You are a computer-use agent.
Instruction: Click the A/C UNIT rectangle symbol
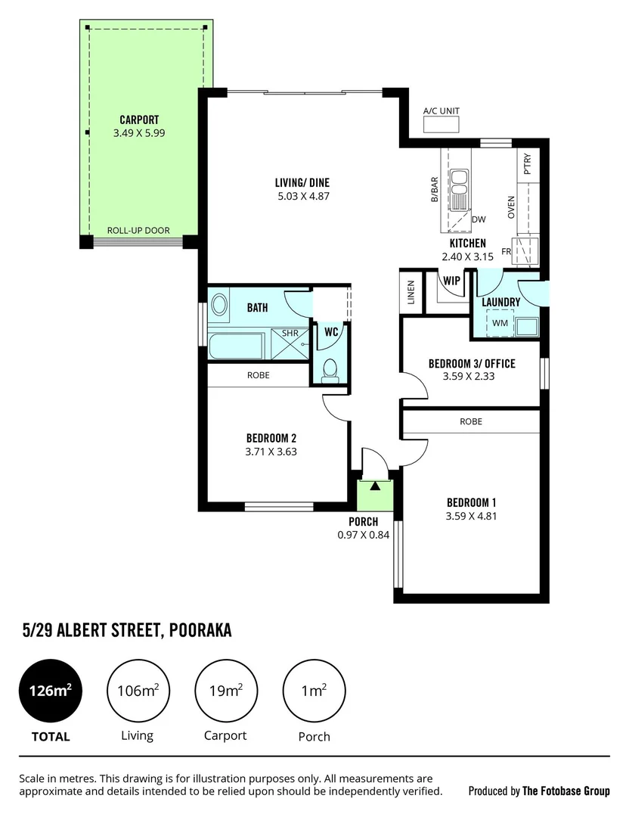click(x=441, y=126)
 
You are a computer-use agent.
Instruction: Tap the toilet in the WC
click(x=329, y=370)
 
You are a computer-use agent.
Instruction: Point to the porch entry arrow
click(x=374, y=486)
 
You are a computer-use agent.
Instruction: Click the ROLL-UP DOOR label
click(x=138, y=231)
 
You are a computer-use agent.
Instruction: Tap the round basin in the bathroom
click(x=219, y=306)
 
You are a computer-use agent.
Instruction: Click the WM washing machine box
click(x=500, y=324)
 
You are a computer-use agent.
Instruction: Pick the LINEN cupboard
click(x=411, y=293)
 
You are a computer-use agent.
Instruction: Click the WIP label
click(x=452, y=280)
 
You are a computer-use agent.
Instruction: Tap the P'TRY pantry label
click(x=527, y=164)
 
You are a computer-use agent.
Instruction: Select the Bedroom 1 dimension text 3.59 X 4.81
click(x=471, y=517)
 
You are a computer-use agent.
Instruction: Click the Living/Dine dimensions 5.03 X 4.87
click(x=302, y=197)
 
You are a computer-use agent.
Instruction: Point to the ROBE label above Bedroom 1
click(x=470, y=421)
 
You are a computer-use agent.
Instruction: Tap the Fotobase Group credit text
click(x=565, y=791)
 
